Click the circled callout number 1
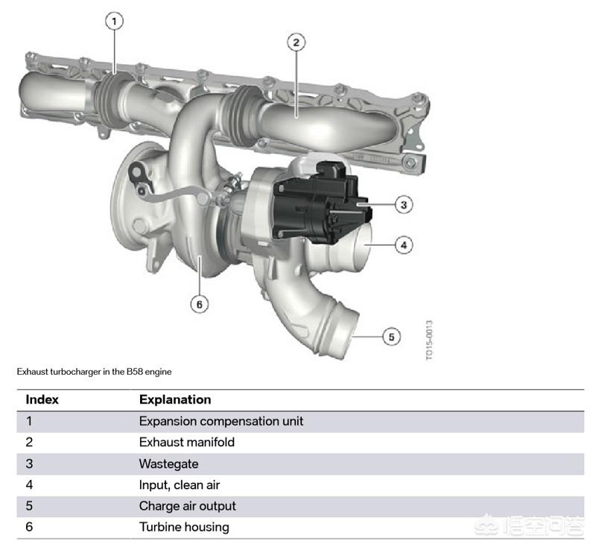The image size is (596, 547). tap(114, 21)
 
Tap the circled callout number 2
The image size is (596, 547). tap(296, 42)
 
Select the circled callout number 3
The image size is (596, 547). tap(404, 204)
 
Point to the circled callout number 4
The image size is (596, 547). tap(404, 244)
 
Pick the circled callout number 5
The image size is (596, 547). tap(392, 337)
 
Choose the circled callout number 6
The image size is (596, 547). tap(199, 304)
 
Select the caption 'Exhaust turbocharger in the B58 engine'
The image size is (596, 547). tap(94, 372)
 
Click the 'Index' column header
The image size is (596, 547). tap(42, 399)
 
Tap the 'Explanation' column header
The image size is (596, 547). tap(175, 399)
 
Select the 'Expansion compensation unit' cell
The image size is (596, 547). tap(221, 421)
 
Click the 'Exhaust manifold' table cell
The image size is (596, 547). tap(187, 442)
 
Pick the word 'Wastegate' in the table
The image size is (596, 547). tap(168, 464)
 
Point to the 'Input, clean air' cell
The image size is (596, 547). tap(180, 485)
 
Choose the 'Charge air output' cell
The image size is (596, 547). tap(188, 506)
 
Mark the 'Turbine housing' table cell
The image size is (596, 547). tap(184, 527)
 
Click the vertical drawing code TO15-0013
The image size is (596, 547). tap(429, 341)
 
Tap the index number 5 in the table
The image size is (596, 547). tap(29, 506)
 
